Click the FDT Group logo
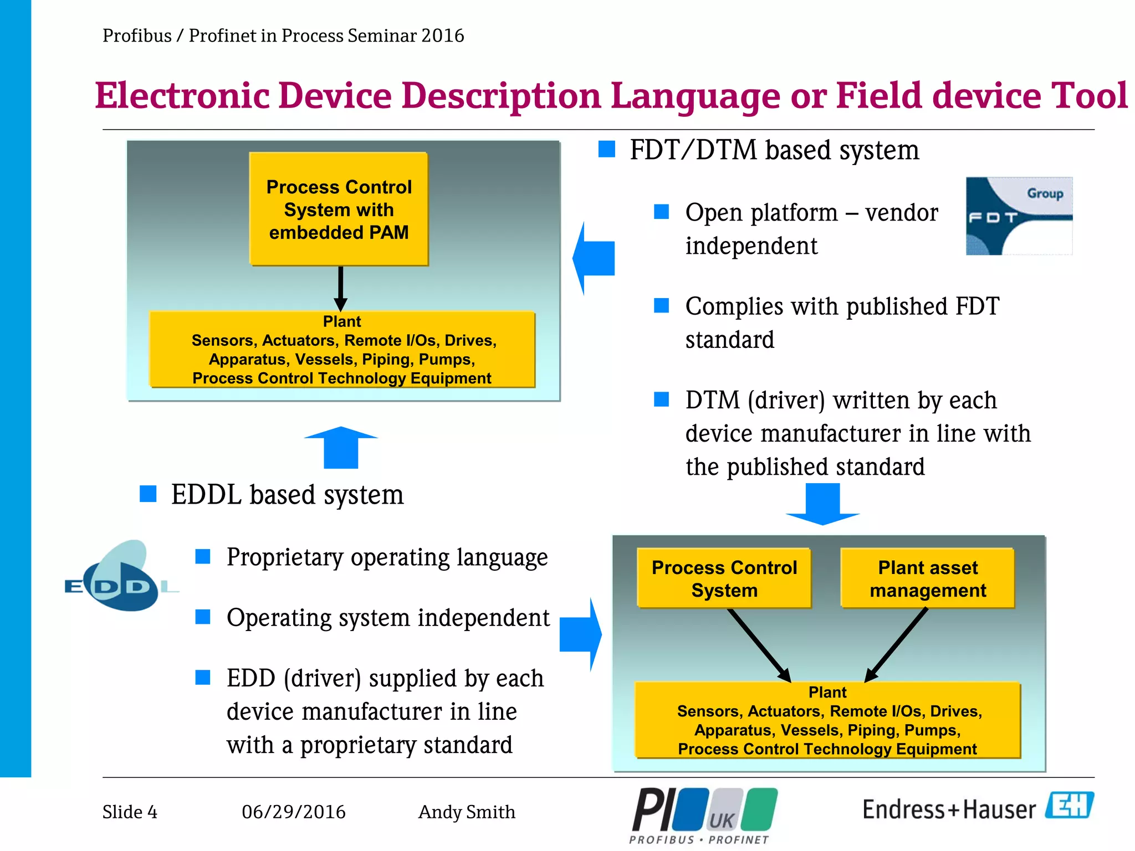tap(1019, 216)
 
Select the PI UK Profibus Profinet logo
tap(703, 815)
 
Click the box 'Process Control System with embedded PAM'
tap(339, 209)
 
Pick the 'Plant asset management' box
tap(927, 578)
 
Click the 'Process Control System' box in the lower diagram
tap(724, 578)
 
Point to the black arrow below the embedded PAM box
tap(340, 288)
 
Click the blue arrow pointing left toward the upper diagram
tap(594, 258)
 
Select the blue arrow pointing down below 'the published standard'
tap(822, 504)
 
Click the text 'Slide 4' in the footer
tap(130, 812)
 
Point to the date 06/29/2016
tap(293, 812)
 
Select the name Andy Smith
tap(467, 812)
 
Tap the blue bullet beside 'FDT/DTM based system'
tap(607, 149)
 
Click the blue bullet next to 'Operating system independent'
tap(203, 617)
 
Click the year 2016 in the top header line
tap(442, 35)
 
